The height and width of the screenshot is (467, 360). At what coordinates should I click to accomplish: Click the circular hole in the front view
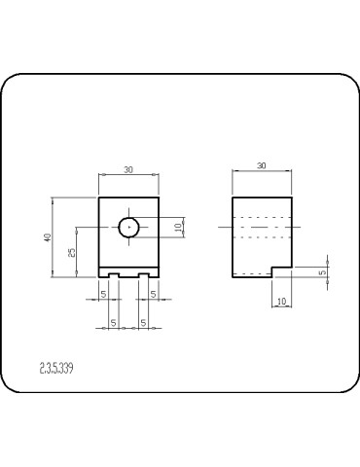[x=129, y=228]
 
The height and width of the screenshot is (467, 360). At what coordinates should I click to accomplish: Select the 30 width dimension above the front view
[x=128, y=170]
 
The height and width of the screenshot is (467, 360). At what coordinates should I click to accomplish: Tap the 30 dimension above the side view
[x=262, y=166]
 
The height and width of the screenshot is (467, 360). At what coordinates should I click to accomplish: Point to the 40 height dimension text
[x=48, y=239]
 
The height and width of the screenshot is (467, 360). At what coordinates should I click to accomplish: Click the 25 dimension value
[x=71, y=252]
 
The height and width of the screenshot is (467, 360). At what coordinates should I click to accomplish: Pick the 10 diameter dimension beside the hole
[x=178, y=227]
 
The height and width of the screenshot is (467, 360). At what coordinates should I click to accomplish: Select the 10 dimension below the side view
[x=281, y=303]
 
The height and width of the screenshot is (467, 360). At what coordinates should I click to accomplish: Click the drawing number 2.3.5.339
[x=57, y=368]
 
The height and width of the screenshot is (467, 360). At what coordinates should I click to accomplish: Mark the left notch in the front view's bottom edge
[x=114, y=276]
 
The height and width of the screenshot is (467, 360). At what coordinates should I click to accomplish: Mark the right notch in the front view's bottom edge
[x=143, y=276]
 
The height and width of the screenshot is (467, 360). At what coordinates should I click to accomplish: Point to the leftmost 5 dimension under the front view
[x=103, y=293]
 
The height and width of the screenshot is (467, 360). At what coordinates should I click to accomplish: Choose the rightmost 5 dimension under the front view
[x=154, y=293]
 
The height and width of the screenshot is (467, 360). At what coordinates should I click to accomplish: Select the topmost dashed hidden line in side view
[x=262, y=213]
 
